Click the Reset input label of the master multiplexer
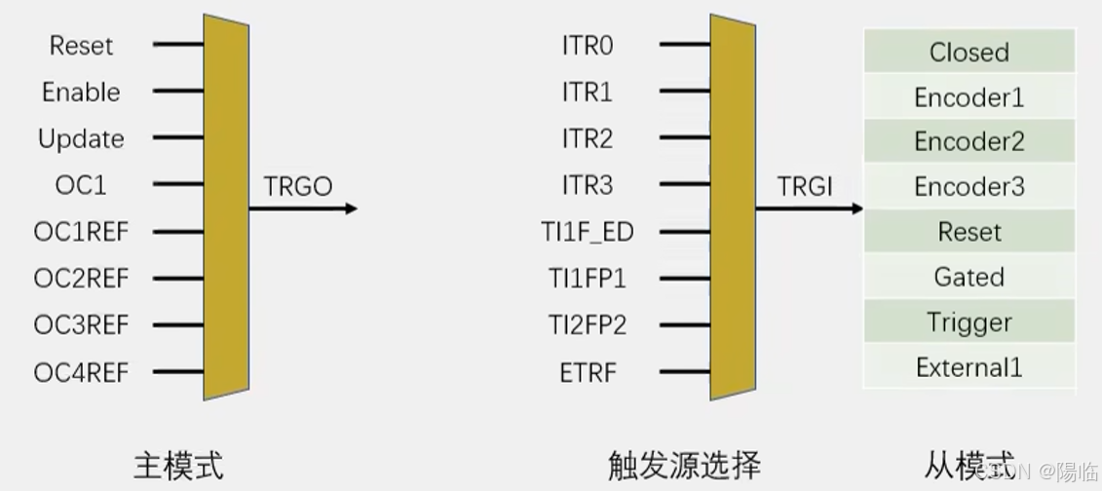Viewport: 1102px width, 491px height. [x=81, y=46]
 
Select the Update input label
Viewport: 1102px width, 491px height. [x=81, y=139]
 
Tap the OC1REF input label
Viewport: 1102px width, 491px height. [x=81, y=232]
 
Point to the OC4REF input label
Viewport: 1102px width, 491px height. [x=81, y=372]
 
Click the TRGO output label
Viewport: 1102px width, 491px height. [x=298, y=186]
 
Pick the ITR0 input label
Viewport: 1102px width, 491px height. [x=588, y=46]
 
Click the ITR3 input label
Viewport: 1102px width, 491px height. [x=588, y=185]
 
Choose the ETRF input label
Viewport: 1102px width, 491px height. [x=588, y=372]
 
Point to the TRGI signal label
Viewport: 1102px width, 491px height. [x=806, y=186]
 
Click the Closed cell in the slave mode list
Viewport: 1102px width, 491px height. [x=969, y=52]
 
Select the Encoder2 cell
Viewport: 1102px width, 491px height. [x=969, y=141]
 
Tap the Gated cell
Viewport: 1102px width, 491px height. [x=969, y=278]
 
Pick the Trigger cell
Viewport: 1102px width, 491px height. [x=969, y=322]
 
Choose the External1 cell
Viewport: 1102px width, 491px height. [x=969, y=367]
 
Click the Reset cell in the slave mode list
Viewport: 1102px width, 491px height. [x=969, y=232]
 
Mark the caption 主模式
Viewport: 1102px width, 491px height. [x=178, y=465]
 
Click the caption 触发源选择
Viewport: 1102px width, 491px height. [x=684, y=465]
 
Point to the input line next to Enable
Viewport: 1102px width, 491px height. [x=177, y=92]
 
